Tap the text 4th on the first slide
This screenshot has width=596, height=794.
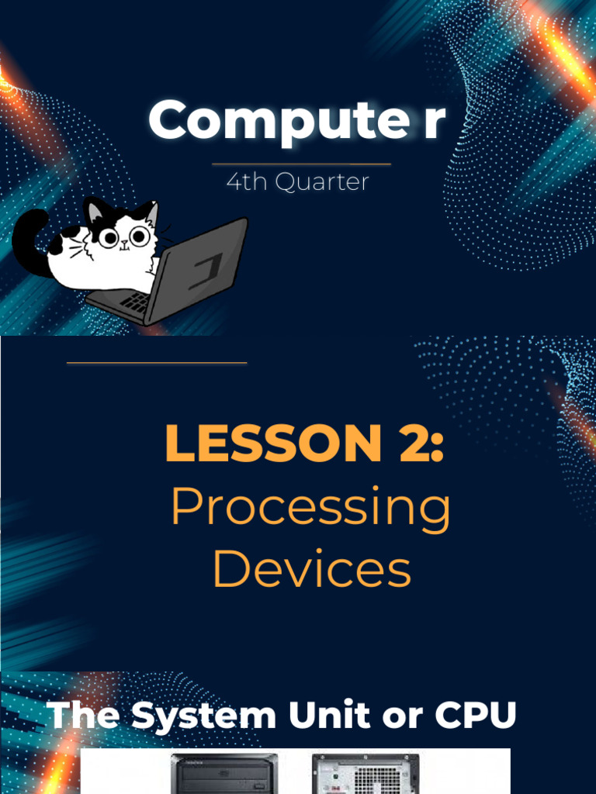point(244,182)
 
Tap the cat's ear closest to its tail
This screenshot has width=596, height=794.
point(96,211)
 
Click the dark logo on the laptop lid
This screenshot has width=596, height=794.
point(205,271)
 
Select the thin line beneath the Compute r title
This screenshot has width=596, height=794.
point(301,164)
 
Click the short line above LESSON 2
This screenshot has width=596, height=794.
point(157,363)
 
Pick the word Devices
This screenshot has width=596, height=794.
point(310,570)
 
